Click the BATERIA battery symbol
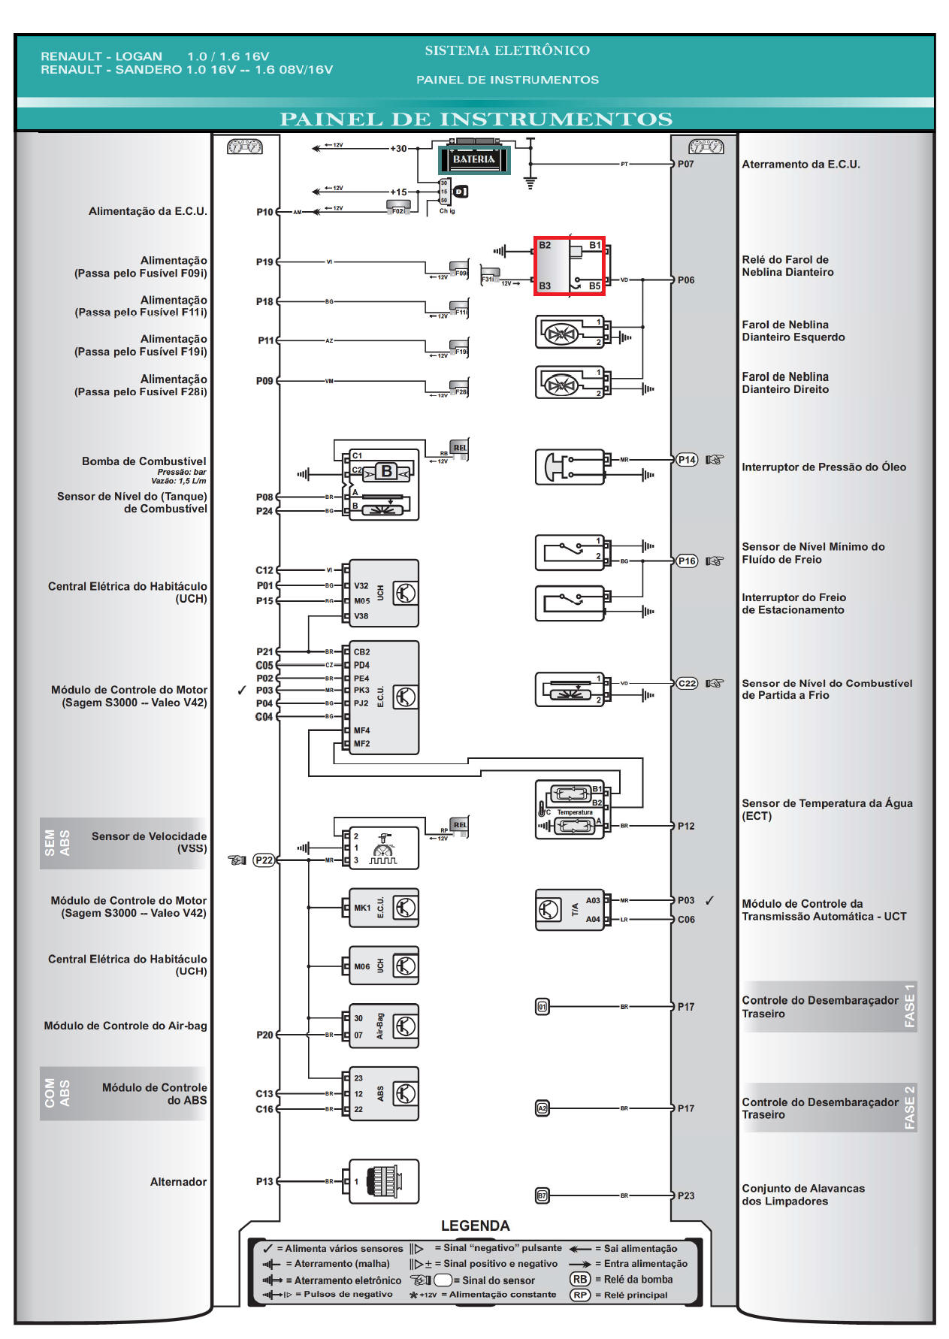(x=473, y=159)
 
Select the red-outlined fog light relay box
(x=569, y=265)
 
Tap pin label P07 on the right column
(x=685, y=164)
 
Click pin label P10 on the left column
(x=264, y=212)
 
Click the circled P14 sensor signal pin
(x=687, y=460)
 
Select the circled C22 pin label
(x=687, y=683)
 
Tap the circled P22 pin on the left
(x=264, y=860)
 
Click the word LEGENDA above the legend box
(x=475, y=1226)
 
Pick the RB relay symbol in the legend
(x=580, y=1279)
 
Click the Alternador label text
(x=178, y=1182)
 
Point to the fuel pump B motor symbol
(x=386, y=472)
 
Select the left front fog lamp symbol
(x=560, y=332)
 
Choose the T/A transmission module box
(x=569, y=909)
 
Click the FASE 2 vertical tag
(x=908, y=1108)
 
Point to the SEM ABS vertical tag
(x=57, y=843)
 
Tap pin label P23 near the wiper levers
(x=685, y=1195)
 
